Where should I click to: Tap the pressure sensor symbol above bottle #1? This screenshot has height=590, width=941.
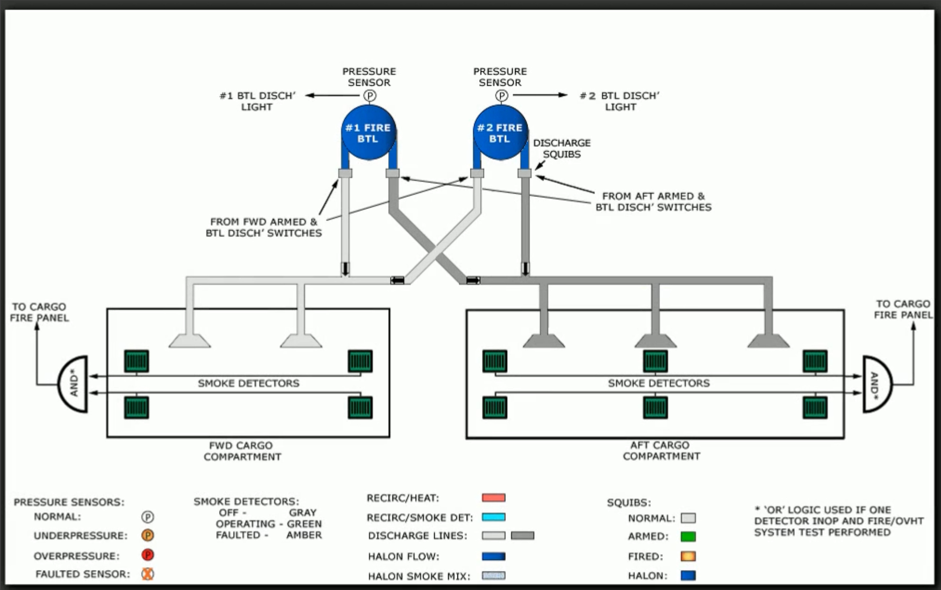tap(370, 96)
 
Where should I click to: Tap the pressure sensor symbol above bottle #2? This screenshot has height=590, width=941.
tap(502, 96)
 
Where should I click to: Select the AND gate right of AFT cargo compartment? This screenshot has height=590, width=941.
tap(877, 384)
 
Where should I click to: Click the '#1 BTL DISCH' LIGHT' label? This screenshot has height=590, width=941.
tap(257, 101)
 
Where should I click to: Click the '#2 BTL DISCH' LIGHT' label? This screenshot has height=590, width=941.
tap(620, 101)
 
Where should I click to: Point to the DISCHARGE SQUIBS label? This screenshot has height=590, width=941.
tap(562, 148)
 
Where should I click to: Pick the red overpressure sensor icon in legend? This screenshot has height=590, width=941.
tap(148, 555)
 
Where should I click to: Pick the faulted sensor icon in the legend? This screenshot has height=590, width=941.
tap(148, 574)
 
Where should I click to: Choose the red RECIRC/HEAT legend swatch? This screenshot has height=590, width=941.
tap(493, 497)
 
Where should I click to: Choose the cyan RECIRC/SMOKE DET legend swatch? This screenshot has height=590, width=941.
tap(493, 517)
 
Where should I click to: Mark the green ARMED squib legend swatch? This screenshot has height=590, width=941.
tap(688, 537)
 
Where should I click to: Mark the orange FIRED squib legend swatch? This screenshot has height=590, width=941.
tap(688, 556)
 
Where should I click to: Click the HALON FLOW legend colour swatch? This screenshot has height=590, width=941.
tap(493, 556)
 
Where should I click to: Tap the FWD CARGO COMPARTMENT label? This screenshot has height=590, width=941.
tap(242, 451)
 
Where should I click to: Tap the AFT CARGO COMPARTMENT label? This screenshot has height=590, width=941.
tap(661, 450)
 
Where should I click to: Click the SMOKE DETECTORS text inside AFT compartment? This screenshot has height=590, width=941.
tap(659, 383)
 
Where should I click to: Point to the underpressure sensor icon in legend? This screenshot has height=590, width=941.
tap(148, 535)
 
